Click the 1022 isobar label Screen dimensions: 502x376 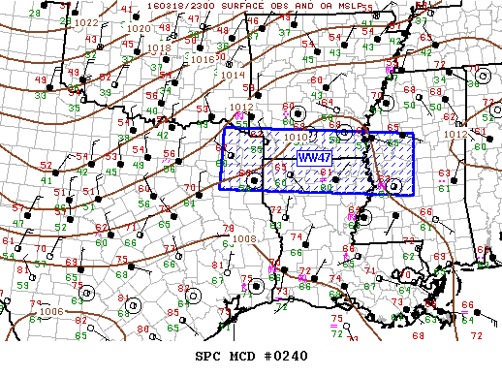click(x=87, y=22)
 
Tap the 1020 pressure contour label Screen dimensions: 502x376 click(x=138, y=29)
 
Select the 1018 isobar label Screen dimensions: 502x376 click(x=160, y=47)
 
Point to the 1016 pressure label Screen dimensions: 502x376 click(x=202, y=59)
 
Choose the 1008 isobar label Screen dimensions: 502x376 click(x=243, y=238)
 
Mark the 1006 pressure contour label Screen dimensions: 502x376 click(x=52, y=311)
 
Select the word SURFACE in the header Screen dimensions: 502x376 click(x=237, y=6)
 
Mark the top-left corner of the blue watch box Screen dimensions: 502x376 click(x=224, y=128)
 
